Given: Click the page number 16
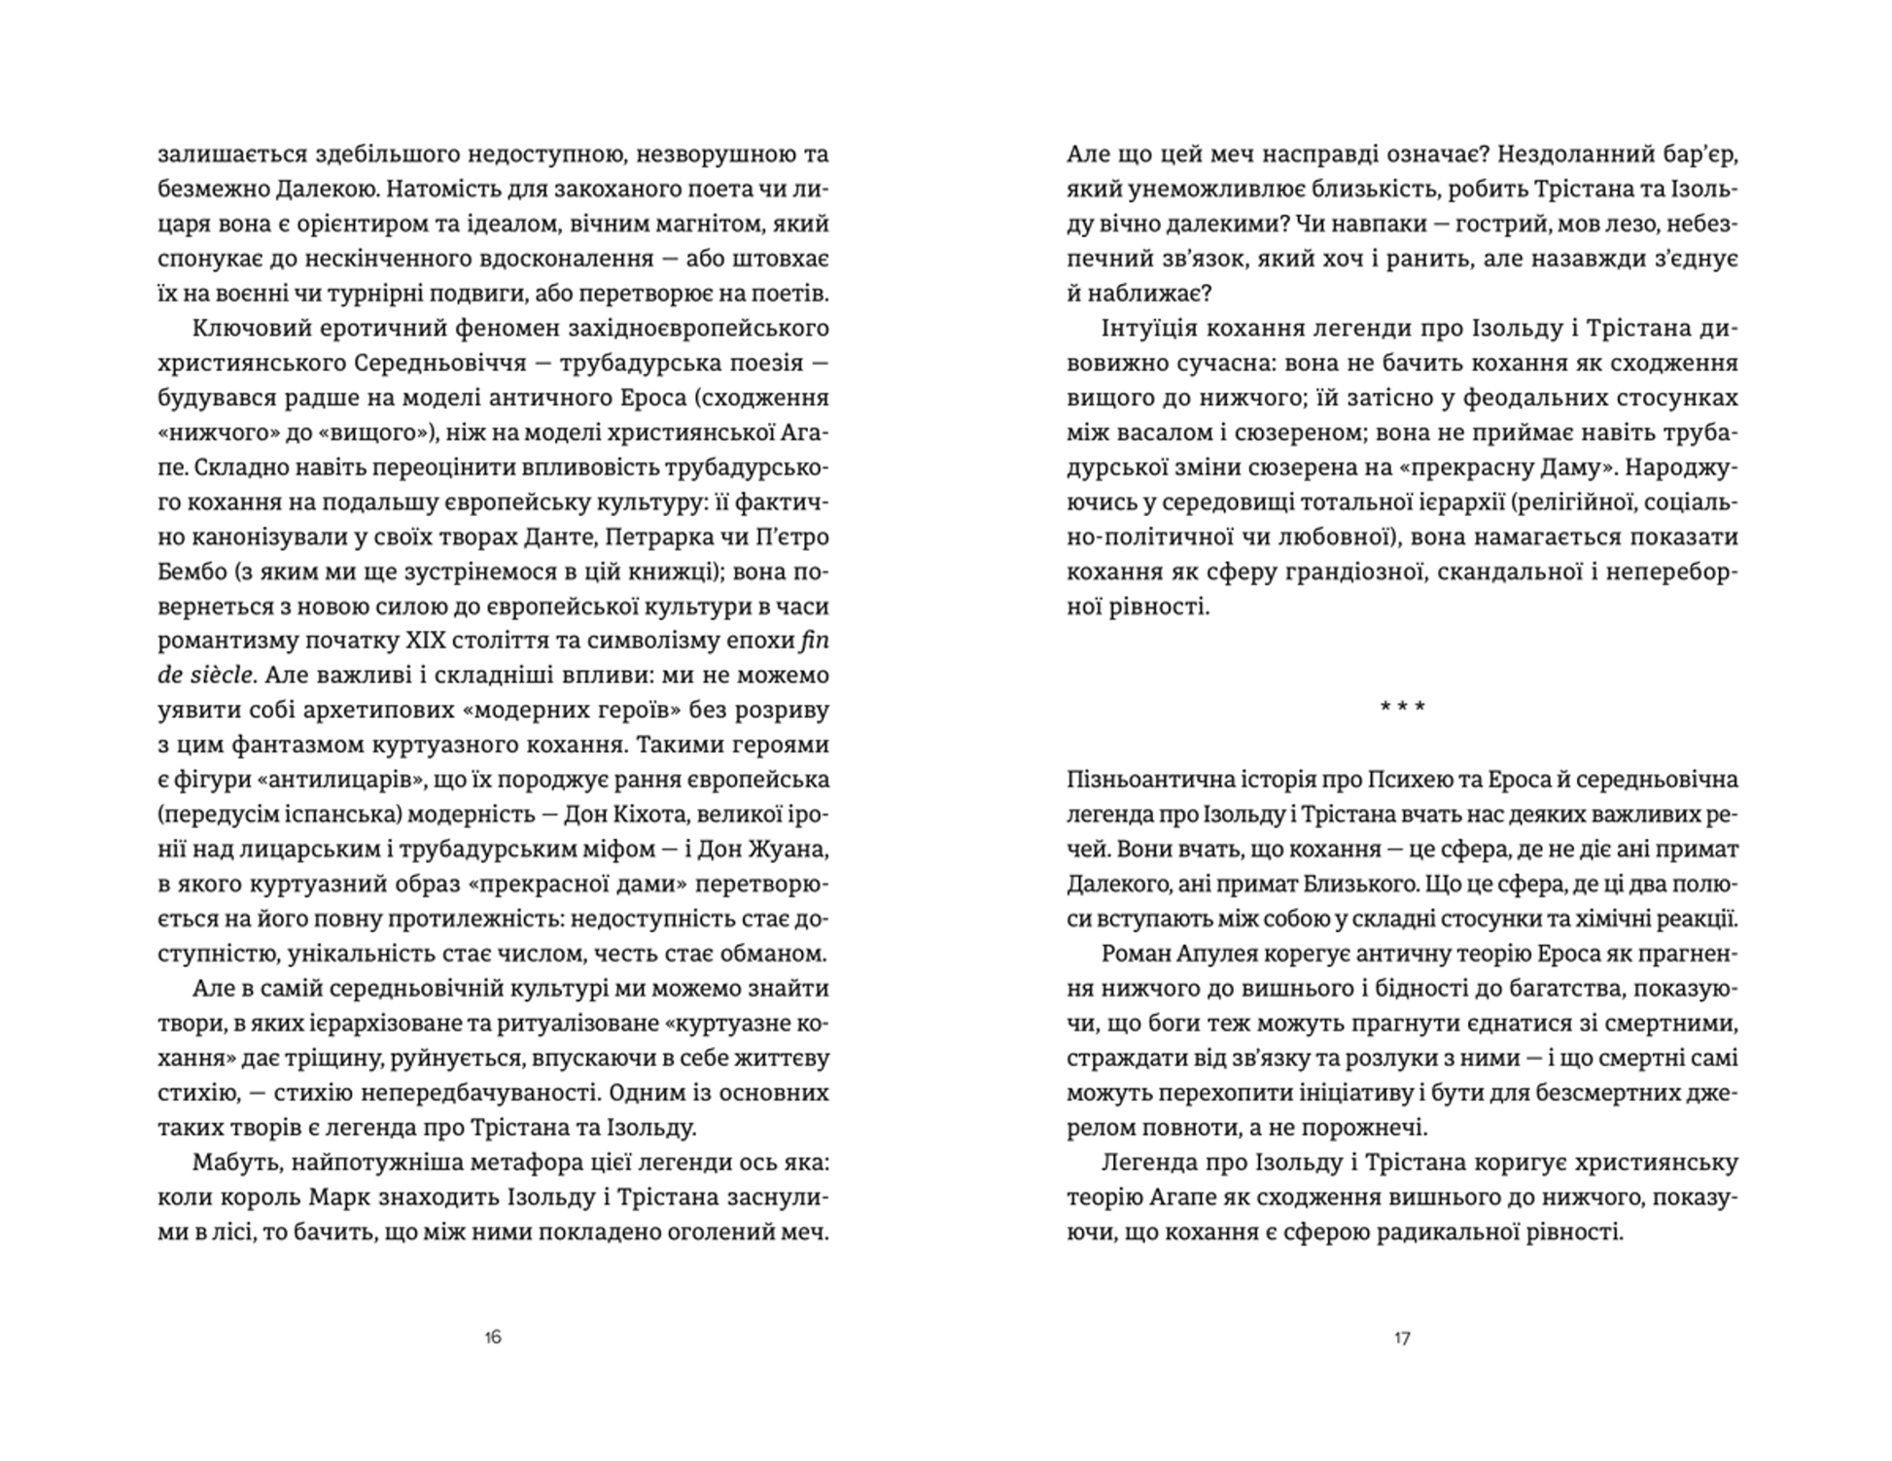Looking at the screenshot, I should [x=492, y=1338].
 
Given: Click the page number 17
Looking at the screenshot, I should [x=1402, y=1338].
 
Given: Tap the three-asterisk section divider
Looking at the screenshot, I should [x=1402, y=708].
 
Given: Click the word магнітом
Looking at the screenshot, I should [x=691, y=224].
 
